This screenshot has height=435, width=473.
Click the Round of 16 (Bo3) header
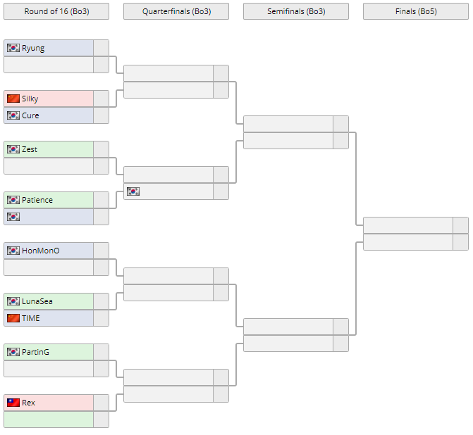[56, 11]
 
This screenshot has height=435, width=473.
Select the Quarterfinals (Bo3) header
[176, 11]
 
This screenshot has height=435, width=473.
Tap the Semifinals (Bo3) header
[296, 11]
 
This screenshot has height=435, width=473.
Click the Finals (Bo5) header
[416, 11]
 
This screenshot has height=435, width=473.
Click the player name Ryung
[33, 48]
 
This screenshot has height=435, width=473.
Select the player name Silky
[30, 99]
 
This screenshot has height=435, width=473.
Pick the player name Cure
[30, 115]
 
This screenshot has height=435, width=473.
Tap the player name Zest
[30, 149]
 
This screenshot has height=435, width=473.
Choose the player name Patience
[37, 200]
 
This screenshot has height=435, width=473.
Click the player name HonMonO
[41, 251]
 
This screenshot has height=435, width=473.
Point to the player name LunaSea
[37, 301]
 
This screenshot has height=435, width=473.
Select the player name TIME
[31, 318]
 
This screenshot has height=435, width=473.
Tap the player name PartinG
[36, 352]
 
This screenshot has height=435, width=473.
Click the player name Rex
[28, 403]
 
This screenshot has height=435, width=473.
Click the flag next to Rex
[13, 403]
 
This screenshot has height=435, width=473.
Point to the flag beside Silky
[13, 99]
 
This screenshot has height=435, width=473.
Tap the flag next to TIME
[13, 318]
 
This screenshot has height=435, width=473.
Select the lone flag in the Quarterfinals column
[133, 191]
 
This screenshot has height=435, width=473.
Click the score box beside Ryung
[101, 48]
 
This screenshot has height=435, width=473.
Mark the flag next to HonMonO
[13, 251]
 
